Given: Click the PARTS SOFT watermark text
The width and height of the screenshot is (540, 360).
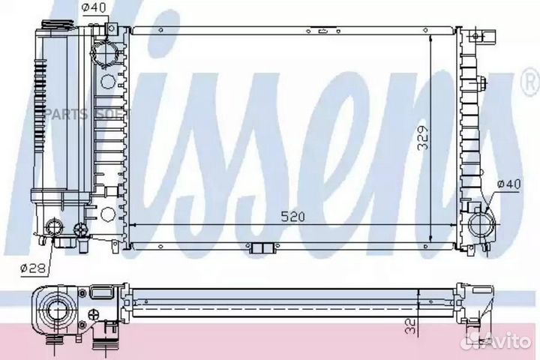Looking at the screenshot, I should (102, 114).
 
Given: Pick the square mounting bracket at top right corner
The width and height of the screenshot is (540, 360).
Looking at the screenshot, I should (484, 34).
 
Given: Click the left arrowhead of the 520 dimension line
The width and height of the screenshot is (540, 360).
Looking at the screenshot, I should (133, 224).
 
